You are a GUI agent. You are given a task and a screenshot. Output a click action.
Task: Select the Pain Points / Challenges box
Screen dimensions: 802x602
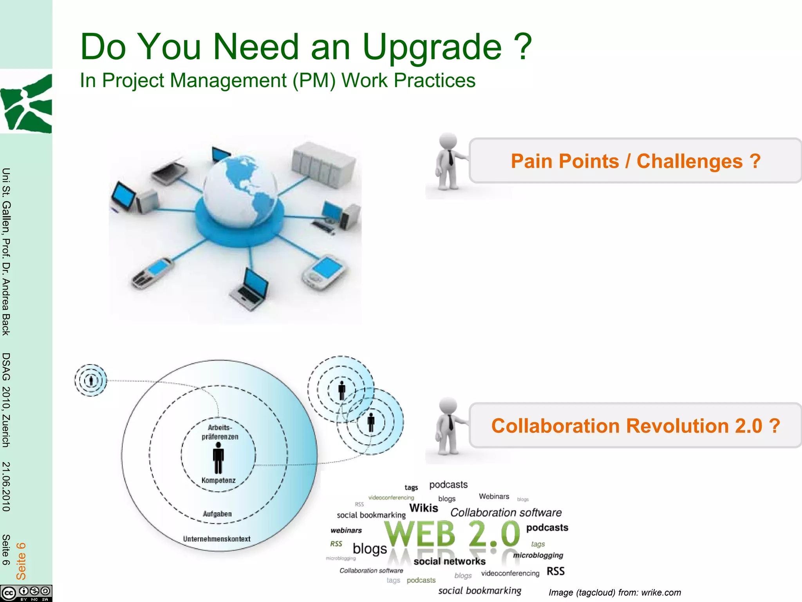(x=635, y=161)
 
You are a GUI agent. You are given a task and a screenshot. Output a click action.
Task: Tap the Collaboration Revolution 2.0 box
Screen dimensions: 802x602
(x=635, y=426)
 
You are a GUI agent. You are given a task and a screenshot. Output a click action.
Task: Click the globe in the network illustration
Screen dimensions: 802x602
(x=240, y=191)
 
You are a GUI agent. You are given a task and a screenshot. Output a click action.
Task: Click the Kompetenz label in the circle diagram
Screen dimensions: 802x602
(x=219, y=481)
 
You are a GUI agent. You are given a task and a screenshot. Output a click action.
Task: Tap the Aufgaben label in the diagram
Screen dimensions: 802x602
(x=217, y=514)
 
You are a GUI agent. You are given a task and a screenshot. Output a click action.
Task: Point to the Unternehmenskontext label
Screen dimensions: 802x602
(x=217, y=539)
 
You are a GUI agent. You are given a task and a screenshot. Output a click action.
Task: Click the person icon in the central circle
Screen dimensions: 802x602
(x=218, y=458)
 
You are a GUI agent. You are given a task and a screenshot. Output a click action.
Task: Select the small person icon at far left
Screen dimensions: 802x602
(x=91, y=380)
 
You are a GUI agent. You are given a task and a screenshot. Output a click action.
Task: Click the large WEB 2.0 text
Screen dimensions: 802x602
(x=452, y=534)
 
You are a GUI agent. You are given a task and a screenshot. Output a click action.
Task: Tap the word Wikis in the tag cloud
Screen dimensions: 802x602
(x=423, y=508)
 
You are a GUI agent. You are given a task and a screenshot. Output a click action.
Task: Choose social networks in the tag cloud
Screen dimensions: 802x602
(x=449, y=561)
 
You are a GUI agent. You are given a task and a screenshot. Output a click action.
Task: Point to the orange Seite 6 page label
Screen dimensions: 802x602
(x=21, y=561)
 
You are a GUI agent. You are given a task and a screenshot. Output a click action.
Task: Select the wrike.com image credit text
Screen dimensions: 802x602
(x=614, y=593)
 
